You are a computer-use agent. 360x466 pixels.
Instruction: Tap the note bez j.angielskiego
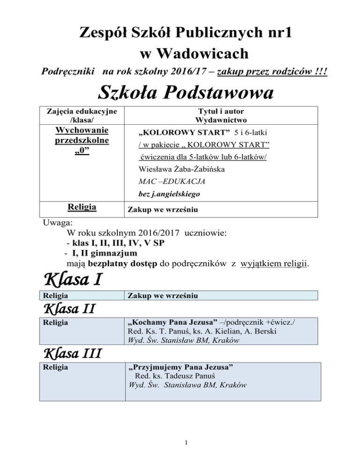pyautogui.click(x=165, y=193)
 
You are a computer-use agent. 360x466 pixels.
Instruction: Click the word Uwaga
pyautogui.click(x=51, y=222)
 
